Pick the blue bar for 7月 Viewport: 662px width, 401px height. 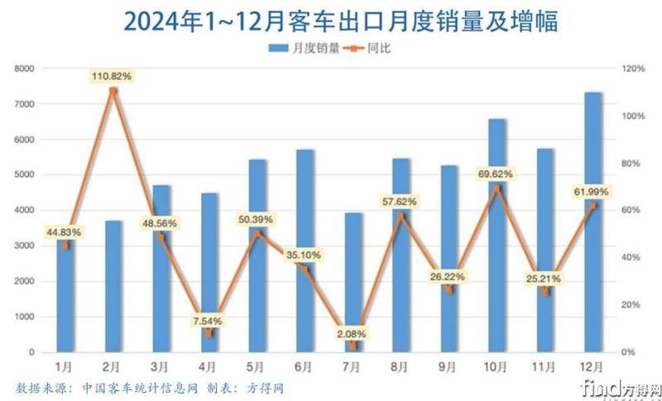353,282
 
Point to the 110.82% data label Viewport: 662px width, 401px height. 113,76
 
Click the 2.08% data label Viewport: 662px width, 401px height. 353,333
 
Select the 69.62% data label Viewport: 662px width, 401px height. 496,174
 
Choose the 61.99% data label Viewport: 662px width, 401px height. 592,193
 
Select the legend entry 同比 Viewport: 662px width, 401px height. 377,48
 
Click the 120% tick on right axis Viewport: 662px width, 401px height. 635,69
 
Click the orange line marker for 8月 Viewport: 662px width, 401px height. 401,216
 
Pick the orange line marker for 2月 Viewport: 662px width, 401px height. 113,90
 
